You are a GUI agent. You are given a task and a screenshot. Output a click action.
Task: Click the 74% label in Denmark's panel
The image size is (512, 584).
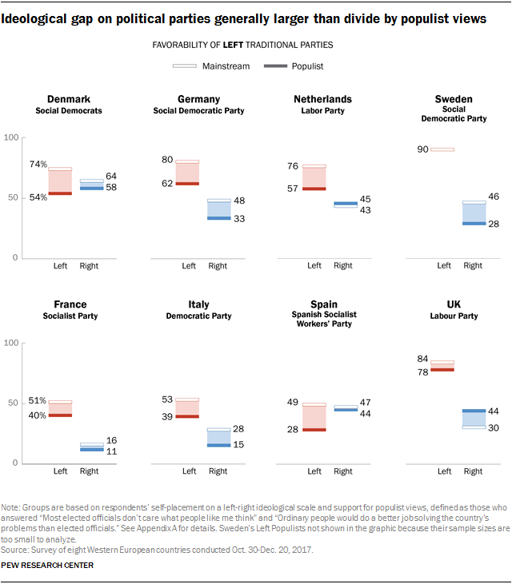[x=37, y=165]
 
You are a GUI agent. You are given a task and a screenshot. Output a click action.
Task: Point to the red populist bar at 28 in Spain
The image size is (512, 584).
[x=314, y=430]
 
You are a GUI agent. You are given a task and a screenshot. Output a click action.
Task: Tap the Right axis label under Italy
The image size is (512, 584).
[x=218, y=471]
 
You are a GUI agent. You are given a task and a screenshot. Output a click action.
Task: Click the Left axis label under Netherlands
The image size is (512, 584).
[x=314, y=266]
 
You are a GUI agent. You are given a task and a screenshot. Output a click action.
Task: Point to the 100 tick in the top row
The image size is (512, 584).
[x=10, y=138]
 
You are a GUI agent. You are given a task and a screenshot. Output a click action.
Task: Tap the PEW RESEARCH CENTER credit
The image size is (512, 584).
[x=48, y=566]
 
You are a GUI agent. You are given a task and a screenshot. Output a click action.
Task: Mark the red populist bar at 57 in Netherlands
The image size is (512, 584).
[x=314, y=189]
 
